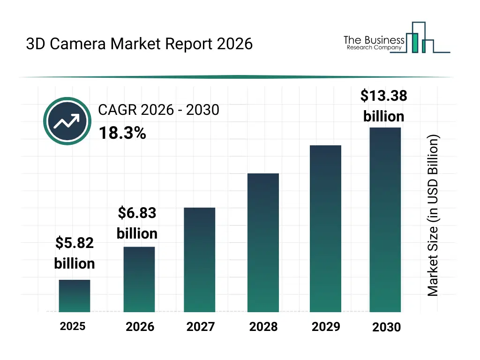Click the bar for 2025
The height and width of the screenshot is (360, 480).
coord(75,296)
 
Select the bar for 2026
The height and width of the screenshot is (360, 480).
coord(139,279)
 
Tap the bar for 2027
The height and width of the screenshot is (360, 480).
coord(200,260)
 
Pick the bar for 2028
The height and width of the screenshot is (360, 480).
coord(263,243)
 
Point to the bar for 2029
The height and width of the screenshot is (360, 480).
coord(326,229)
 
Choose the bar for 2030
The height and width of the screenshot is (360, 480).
coord(385,220)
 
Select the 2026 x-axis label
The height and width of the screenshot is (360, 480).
coord(140,327)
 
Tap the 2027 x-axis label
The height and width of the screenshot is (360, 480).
coord(200,327)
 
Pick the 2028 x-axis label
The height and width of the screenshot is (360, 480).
coord(263,327)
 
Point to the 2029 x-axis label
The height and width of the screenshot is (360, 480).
coord(326,327)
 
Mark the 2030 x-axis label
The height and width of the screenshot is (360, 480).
coord(387,327)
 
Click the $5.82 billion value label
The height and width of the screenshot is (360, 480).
coord(75,253)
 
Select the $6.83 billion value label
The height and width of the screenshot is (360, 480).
coord(137,224)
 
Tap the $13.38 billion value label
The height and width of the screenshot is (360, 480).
coord(384,106)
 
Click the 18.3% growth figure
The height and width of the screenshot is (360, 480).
coord(122,134)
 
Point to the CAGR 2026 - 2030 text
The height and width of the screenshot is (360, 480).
coord(158,110)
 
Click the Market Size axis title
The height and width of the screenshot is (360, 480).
coord(433,216)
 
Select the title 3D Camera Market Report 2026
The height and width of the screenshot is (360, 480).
coord(139,44)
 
